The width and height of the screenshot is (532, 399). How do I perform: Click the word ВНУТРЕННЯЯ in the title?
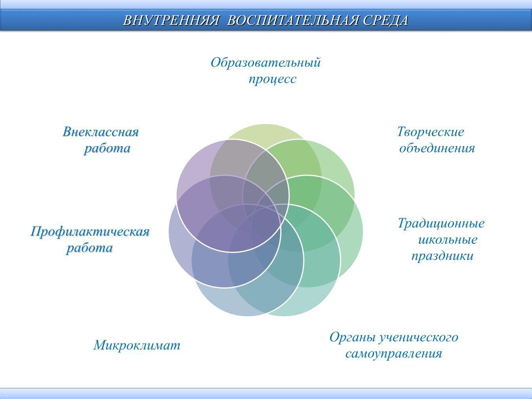171,20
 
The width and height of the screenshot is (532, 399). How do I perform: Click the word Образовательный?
266,63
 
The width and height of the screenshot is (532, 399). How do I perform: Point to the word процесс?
272,80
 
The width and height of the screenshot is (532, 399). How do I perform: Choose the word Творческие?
430,133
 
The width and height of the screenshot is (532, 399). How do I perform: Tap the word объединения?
437,148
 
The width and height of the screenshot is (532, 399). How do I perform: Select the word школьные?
448,240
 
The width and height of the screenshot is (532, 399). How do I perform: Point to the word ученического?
419,338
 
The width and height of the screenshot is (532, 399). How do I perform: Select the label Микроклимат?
137,346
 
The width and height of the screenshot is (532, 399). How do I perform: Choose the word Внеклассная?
101,132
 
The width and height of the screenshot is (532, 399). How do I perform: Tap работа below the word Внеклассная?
107,148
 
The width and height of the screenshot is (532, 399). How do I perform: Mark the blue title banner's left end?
1,20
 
